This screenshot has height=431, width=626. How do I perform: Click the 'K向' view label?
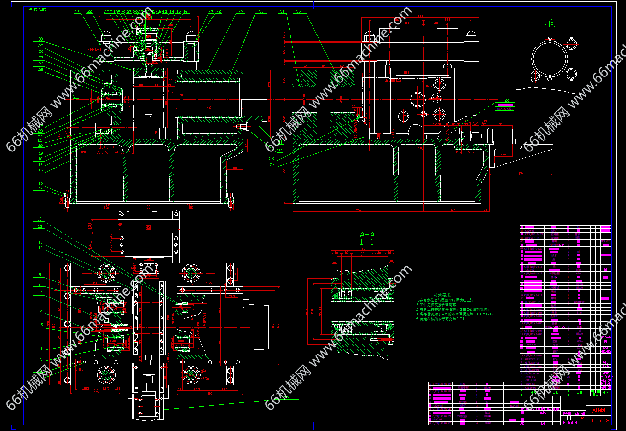(549, 23)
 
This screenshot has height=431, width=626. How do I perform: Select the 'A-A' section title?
(367, 235)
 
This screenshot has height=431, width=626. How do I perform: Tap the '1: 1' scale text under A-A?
(367, 242)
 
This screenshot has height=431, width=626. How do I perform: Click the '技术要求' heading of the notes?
(442, 295)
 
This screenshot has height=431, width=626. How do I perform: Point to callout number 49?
(241, 12)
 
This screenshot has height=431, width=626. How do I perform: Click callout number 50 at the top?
(261, 12)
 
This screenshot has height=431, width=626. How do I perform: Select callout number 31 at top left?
(77, 12)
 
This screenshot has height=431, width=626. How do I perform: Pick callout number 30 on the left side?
(41, 40)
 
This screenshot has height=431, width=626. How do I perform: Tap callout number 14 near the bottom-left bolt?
(41, 189)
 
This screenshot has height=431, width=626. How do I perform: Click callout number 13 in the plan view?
(40, 219)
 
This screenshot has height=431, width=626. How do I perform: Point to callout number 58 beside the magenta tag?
(506, 101)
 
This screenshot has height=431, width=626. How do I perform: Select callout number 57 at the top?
(299, 12)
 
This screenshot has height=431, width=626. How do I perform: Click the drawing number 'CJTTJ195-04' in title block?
(598, 420)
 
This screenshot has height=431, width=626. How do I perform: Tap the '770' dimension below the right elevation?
(358, 210)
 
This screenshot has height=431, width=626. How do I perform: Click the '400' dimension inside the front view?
(209, 108)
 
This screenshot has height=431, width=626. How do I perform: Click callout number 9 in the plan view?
(40, 275)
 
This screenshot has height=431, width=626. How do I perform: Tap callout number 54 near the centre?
(272, 165)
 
